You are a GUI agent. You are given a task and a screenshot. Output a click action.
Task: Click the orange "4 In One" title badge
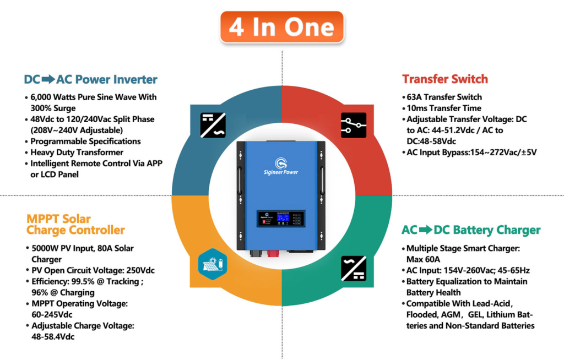click(x=282, y=27)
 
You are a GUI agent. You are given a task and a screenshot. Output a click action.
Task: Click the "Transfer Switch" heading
click(x=445, y=79)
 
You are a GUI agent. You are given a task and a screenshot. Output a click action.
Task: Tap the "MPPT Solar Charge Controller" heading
click(x=75, y=225)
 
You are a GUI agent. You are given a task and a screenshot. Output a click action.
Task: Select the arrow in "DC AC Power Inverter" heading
click(x=48, y=79)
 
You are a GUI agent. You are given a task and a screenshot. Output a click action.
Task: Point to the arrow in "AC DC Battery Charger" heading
click(x=426, y=230)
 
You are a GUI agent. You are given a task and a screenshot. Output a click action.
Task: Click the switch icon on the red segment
click(x=354, y=125)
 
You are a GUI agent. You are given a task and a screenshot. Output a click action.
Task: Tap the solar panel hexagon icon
click(x=213, y=264)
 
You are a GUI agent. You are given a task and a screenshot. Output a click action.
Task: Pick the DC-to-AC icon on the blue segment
click(x=213, y=125)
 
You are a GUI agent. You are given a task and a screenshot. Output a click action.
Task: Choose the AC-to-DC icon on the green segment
click(x=354, y=269)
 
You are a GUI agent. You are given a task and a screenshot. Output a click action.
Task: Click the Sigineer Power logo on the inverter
click(x=281, y=166)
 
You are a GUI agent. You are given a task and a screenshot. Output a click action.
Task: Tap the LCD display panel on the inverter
click(x=281, y=219)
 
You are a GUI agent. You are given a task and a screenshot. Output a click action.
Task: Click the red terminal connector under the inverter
click(x=273, y=254)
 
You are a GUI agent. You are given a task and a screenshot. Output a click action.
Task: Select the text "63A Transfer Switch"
click(x=444, y=97)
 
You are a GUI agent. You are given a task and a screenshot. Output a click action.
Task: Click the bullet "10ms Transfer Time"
click(x=444, y=108)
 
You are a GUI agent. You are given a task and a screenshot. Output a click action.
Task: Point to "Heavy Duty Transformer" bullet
click(x=77, y=152)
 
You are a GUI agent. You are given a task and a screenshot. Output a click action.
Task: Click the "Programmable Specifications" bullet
click(x=85, y=141)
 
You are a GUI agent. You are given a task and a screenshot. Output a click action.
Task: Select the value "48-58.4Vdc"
click(x=53, y=337)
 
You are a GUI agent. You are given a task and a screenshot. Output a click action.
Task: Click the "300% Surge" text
click(x=53, y=108)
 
